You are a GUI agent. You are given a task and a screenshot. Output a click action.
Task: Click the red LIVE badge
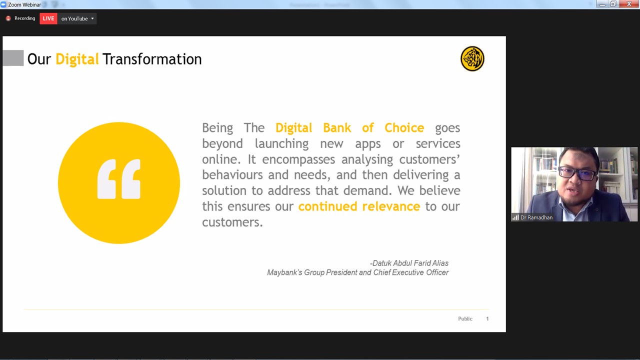click(x=48, y=18)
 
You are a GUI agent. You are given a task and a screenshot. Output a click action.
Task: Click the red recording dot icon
click(x=8, y=18)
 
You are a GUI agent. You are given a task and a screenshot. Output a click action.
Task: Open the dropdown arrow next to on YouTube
click(x=92, y=18)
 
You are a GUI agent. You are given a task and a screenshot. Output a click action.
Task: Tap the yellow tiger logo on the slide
click(x=472, y=58)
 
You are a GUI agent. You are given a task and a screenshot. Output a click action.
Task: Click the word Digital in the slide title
click(x=77, y=59)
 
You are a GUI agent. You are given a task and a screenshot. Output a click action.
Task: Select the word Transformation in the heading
click(x=152, y=59)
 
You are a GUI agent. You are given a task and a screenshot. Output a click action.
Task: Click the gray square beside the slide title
click(x=13, y=57)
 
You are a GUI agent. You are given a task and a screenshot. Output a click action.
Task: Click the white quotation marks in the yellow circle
click(x=119, y=179)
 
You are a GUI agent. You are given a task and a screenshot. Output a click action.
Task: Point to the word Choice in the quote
click(x=404, y=127)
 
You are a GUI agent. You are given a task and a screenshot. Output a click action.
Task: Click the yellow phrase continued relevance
click(x=359, y=206)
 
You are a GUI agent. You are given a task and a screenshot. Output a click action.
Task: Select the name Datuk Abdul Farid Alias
click(x=410, y=263)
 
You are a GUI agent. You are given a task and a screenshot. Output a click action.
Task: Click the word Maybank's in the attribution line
click(x=284, y=272)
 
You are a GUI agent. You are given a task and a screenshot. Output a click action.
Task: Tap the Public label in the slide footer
click(x=465, y=318)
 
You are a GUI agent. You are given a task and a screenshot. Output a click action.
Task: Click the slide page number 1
click(x=487, y=318)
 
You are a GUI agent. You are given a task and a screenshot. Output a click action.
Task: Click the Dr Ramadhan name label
click(x=536, y=217)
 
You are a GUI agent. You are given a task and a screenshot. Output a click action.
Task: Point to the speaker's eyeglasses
click(x=577, y=173)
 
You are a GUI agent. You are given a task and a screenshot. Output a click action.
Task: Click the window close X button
click(x=629, y=4)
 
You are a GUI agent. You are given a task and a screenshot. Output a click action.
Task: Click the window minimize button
click(x=602, y=4)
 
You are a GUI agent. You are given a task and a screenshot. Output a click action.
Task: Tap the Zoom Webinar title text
click(x=24, y=4)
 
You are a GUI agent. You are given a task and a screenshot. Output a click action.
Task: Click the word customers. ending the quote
click(x=232, y=222)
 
